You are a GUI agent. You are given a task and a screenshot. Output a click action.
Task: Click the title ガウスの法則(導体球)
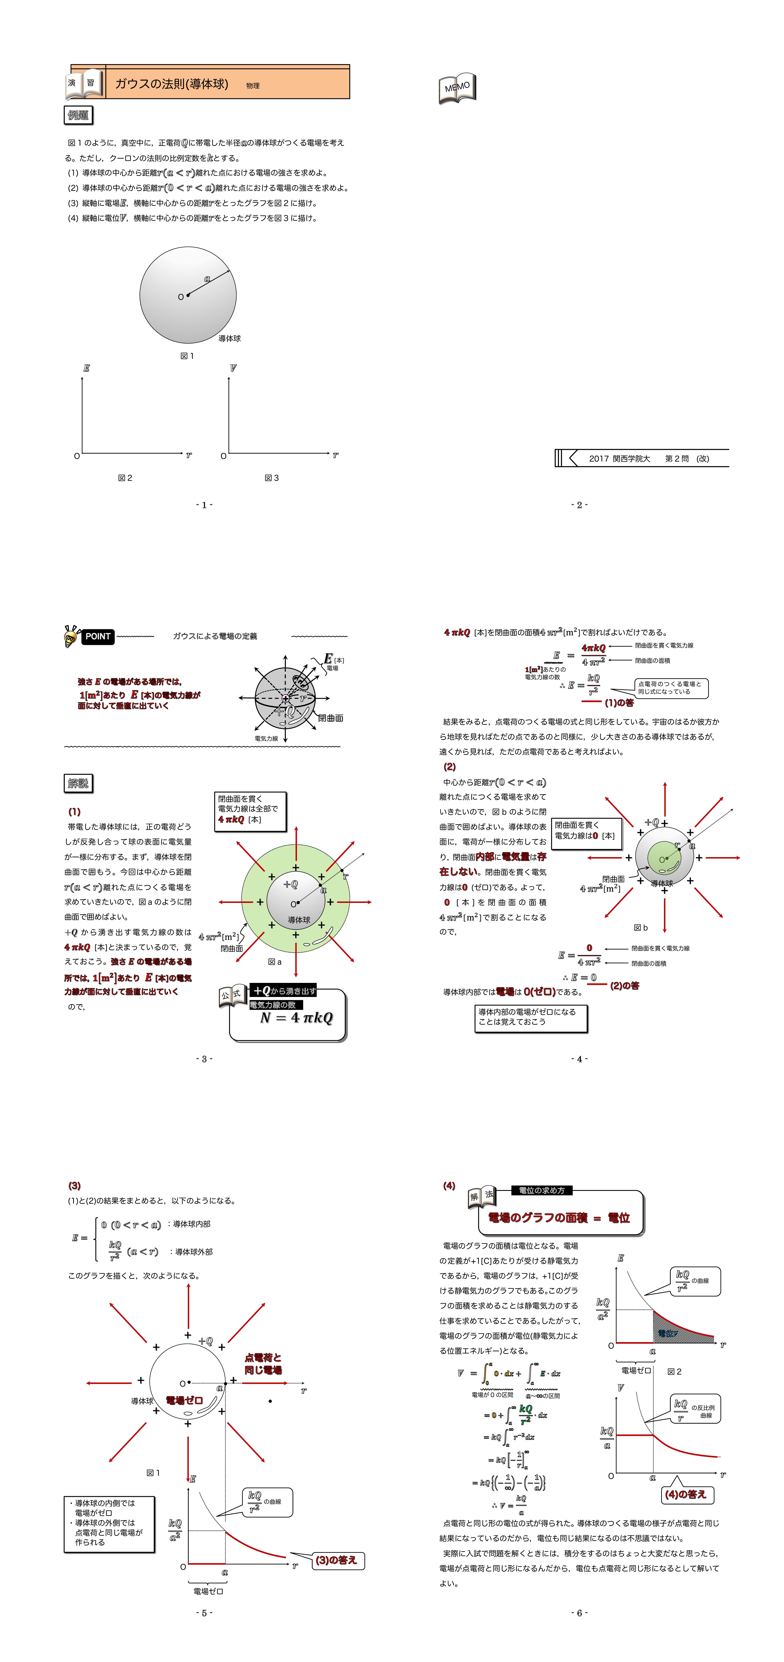tap(172, 84)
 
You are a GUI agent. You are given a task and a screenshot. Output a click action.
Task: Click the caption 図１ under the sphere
tap(187, 355)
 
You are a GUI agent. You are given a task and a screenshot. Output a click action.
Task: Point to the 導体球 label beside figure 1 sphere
tap(230, 338)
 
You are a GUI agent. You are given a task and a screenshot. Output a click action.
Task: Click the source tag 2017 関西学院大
tap(620, 459)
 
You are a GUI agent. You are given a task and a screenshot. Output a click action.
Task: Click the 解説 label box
tap(78, 783)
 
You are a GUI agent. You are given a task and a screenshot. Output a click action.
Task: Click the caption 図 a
tap(275, 961)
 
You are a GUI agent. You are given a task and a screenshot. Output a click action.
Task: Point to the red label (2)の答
tap(624, 986)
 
